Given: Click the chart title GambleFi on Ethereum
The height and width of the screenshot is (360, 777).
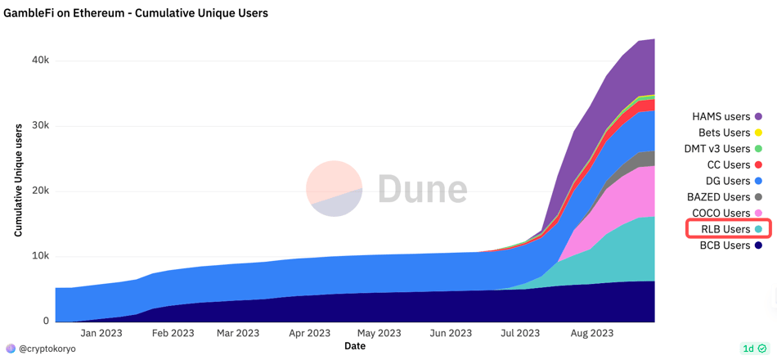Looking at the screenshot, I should pos(136,13).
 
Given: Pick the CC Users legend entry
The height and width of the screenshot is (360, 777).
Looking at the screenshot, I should pos(727,164).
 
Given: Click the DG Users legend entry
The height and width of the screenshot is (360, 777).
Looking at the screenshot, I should pos(727,181).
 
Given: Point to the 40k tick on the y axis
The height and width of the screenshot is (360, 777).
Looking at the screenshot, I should pos(40,61).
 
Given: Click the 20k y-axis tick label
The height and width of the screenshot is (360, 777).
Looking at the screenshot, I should pos(40,191).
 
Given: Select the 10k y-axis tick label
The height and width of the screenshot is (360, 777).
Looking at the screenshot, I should pos(40,256).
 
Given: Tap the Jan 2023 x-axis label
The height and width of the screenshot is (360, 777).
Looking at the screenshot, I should pos(101,333).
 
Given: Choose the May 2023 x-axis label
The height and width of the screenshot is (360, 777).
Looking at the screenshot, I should pos(379,333).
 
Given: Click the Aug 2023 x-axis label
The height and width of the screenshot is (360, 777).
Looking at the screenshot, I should pos(591,333).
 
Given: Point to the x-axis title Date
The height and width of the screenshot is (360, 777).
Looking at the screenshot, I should pos(355,346).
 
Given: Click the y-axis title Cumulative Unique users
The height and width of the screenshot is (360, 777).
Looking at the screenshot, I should pos(18,181).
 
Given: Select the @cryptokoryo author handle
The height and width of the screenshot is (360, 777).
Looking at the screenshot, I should pos(47,349).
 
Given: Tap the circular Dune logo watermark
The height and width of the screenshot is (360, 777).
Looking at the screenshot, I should pos(335,189).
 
